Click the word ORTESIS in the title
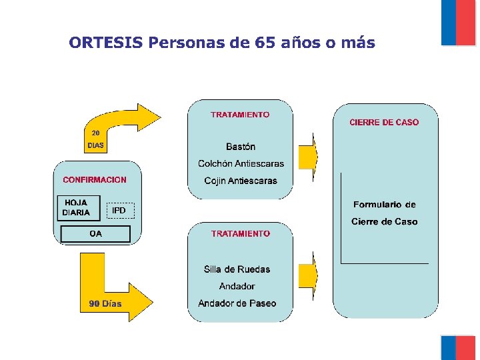106,43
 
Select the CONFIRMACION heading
95,179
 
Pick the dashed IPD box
120,211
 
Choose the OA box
96,234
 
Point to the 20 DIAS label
96,139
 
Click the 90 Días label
105,303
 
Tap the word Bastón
241,147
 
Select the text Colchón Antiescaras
241,163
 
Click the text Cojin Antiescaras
241,181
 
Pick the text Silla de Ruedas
237,269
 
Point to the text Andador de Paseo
237,303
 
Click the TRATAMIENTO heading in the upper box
241,115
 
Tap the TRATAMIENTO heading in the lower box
241,233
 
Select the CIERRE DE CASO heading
384,122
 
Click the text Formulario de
384,205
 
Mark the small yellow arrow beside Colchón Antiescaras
308,157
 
